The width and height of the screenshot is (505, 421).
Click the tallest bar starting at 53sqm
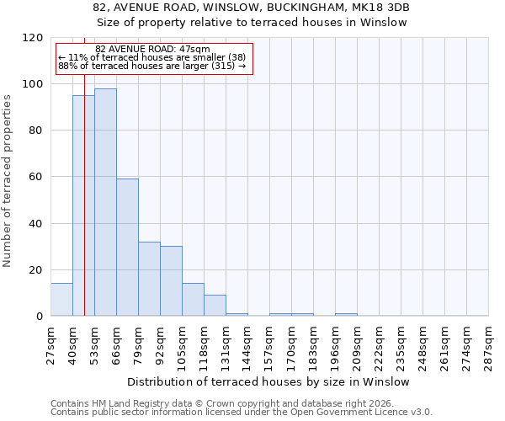click(105, 202)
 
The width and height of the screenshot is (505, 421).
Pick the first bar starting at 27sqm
click(61, 300)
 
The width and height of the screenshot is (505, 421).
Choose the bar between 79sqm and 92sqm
click(149, 279)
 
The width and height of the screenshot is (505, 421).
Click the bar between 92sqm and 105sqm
click(171, 281)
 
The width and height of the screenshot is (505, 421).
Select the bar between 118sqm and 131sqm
click(215, 306)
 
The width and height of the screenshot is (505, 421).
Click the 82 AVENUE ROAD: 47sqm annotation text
click(152, 50)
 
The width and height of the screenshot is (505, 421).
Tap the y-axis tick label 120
click(33, 38)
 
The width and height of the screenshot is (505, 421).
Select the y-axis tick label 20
click(36, 270)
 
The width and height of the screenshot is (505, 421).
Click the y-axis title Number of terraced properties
click(8, 180)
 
